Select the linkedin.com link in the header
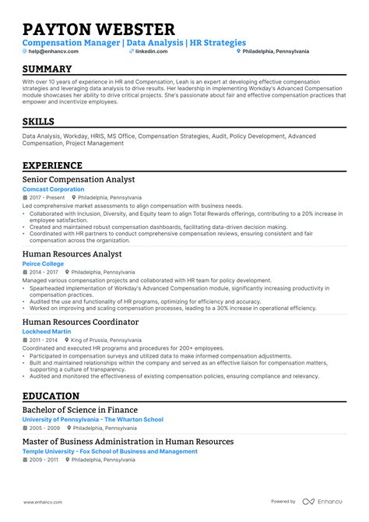tap(146, 51)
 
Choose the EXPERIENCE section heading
tap(52, 165)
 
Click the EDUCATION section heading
tap(51, 396)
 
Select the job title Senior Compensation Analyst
tap(80, 179)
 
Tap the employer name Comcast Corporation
tap(53, 189)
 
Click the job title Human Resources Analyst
tap(72, 254)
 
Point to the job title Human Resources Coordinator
tap(80, 322)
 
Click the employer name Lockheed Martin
tap(47, 331)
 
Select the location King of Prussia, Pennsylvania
tap(109, 340)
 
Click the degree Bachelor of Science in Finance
tap(79, 410)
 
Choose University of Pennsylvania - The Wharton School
tap(93, 419)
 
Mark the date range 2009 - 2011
tap(44, 460)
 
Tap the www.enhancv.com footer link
tap(44, 502)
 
